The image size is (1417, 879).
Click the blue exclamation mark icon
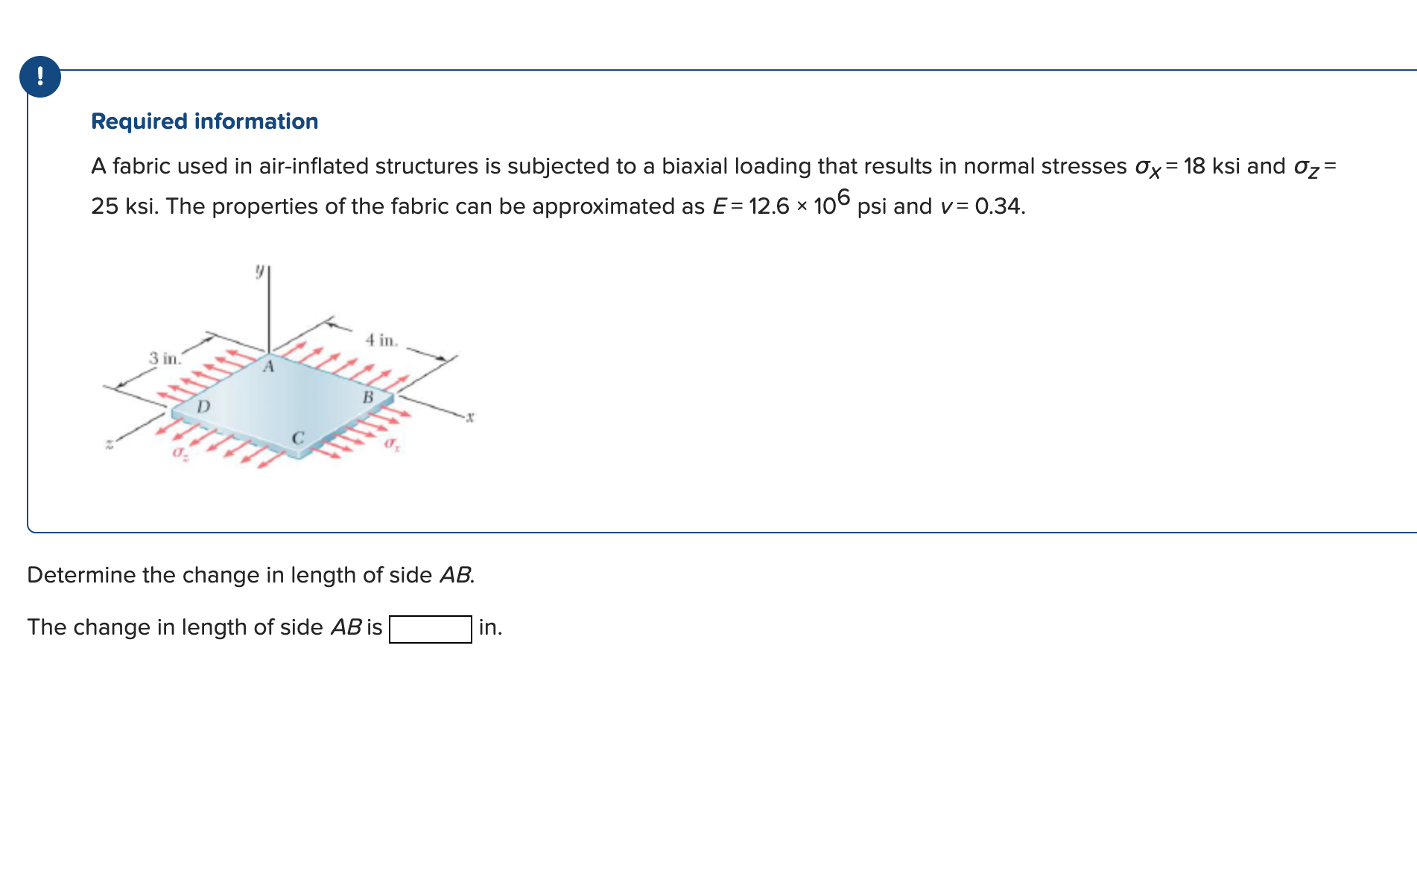40,77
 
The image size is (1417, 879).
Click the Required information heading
204,121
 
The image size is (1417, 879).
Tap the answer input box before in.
430,629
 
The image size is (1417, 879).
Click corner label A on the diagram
268,366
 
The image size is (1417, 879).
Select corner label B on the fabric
367,398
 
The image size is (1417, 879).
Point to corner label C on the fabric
297,438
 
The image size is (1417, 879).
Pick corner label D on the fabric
203,407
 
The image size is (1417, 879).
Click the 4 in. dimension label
381,340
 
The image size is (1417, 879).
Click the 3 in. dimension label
164,358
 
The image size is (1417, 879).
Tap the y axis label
259,271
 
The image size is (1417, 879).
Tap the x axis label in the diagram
470,417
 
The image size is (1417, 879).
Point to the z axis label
109,445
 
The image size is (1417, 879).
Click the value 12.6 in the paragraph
768,206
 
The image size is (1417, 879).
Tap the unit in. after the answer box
490,627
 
